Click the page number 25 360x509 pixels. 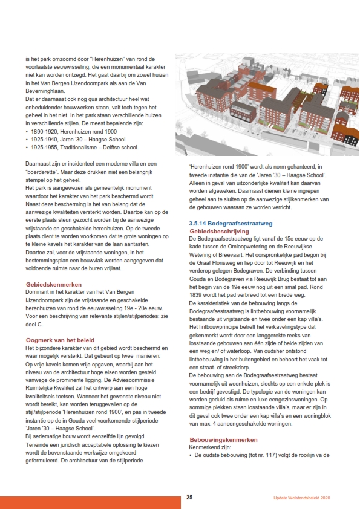pyautogui.click(x=189, y=498)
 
